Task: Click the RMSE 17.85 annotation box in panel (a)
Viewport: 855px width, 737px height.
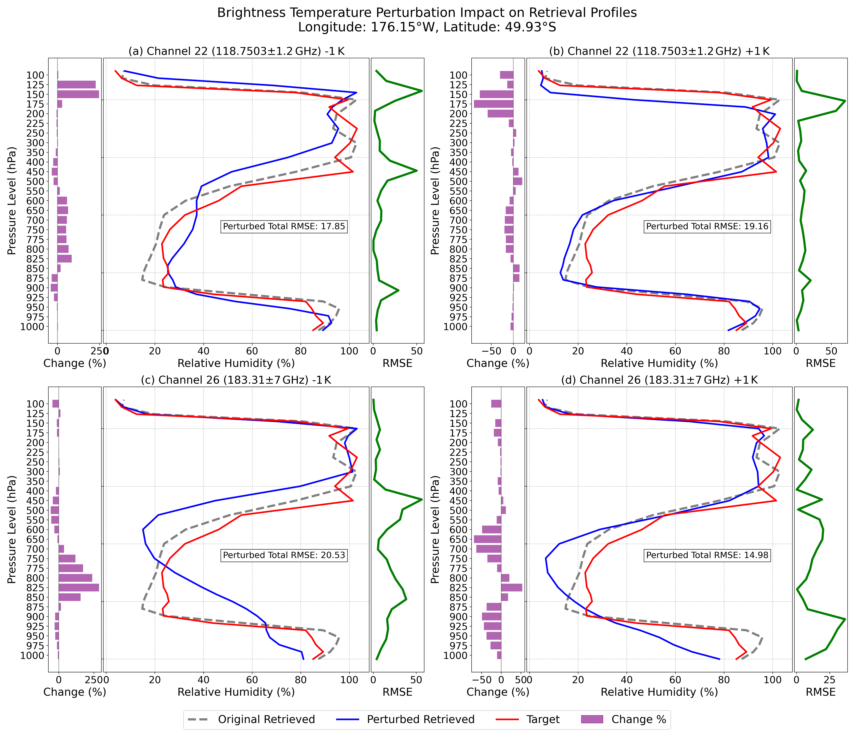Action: (x=284, y=226)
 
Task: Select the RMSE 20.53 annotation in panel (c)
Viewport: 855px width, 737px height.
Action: (x=284, y=555)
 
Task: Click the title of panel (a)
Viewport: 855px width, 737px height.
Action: (x=237, y=51)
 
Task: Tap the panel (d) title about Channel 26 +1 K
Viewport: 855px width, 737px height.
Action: (x=659, y=380)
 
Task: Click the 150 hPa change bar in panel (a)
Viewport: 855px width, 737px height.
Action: (x=78, y=94)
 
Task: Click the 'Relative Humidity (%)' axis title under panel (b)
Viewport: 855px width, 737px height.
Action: (x=659, y=363)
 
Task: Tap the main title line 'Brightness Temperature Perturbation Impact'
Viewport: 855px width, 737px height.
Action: (x=427, y=13)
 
